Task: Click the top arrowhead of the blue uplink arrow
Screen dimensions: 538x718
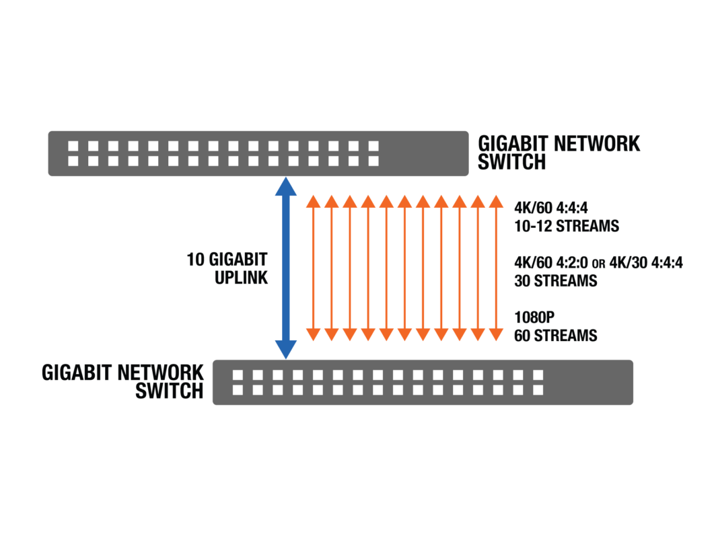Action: click(x=286, y=186)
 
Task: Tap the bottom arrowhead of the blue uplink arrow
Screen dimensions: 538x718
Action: click(x=286, y=350)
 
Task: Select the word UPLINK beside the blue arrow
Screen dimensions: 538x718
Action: click(x=241, y=277)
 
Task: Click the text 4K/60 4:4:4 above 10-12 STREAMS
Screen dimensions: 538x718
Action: click(x=546, y=208)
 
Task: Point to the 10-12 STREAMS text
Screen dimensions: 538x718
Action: click(x=566, y=226)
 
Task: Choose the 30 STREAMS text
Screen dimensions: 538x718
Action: click(x=554, y=280)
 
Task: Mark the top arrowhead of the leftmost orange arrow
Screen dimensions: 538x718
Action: click(x=313, y=200)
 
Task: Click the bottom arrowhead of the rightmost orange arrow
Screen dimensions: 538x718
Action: click(x=496, y=334)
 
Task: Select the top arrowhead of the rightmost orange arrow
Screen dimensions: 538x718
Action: click(x=496, y=200)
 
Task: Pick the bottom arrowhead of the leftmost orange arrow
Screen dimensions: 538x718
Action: click(x=313, y=334)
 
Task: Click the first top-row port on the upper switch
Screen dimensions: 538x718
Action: click(x=73, y=146)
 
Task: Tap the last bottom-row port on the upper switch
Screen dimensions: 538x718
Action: click(x=373, y=161)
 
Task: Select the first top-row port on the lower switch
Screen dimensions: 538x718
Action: click(x=237, y=375)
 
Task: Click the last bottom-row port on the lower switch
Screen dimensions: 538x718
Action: click(x=538, y=389)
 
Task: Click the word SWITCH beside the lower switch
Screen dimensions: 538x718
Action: click(x=169, y=391)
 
